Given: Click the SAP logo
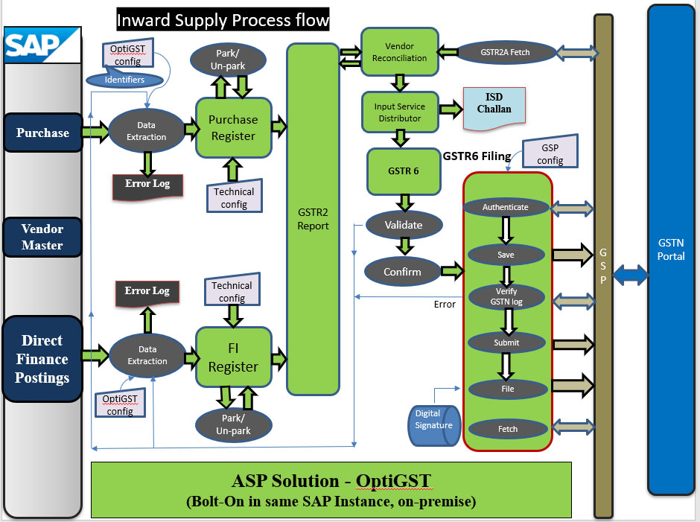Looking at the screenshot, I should point(42,45).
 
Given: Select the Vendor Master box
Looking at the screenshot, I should point(42,238).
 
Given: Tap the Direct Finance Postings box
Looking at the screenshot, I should point(42,359).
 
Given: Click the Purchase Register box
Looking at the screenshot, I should point(233,127).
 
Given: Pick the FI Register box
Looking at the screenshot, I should point(233,358).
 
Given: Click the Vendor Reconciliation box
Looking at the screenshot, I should point(399,52).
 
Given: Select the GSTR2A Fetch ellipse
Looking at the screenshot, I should point(504,52).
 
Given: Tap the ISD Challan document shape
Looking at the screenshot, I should point(494,104).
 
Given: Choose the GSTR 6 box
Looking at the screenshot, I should point(403,171).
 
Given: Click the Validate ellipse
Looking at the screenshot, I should point(403,224).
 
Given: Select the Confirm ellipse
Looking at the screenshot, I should point(402,272).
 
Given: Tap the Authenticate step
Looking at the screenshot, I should point(506,207).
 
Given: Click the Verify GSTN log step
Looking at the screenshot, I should point(506,296).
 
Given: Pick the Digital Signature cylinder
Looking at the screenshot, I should point(431,425).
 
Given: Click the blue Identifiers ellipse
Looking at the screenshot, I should point(124,80).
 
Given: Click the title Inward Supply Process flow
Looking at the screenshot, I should point(223,19).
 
